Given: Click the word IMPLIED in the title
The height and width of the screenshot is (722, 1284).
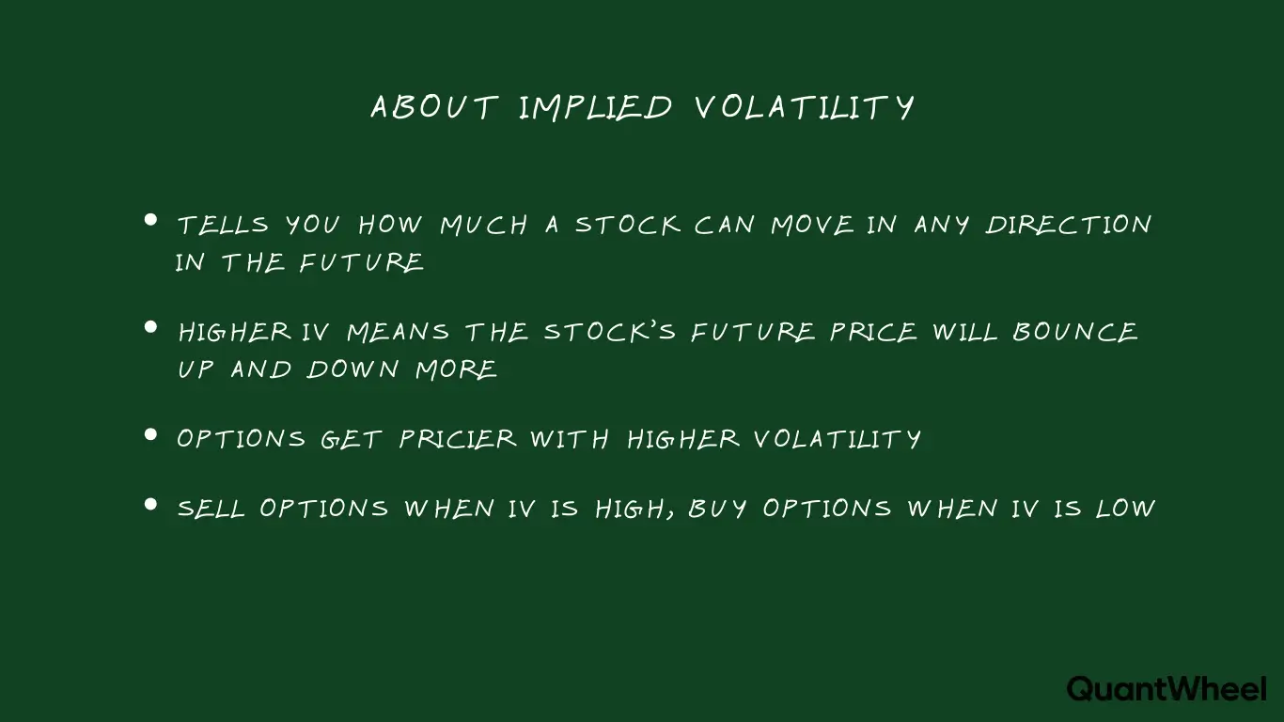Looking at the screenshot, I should tap(595, 107).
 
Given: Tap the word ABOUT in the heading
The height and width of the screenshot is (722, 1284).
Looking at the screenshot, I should tap(433, 107).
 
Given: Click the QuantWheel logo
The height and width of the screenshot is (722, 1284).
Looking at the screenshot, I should tap(1167, 688).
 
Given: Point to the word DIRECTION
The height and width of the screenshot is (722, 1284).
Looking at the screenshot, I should tap(1069, 226).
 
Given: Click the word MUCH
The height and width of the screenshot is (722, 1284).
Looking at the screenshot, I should tap(484, 226).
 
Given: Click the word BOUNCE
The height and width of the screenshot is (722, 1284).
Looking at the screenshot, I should tap(1075, 332).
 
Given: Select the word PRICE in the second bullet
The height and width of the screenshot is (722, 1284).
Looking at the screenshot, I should tap(873, 332).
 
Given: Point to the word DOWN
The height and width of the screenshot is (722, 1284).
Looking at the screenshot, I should tap(354, 369).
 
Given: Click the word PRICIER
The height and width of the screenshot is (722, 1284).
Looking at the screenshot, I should tap(458, 439).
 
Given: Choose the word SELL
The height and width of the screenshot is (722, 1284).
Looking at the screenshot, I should tap(211, 509).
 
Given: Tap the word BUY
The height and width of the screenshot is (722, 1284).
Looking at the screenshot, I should tap(718, 509).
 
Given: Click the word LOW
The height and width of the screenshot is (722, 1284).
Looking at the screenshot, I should tap(1125, 509).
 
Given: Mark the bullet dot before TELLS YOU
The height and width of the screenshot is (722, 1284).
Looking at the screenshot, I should tap(150, 221).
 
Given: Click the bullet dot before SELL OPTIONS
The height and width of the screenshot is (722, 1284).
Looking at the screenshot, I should tap(150, 504).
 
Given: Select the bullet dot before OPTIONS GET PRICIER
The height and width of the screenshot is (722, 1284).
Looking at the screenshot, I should tap(150, 434).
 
